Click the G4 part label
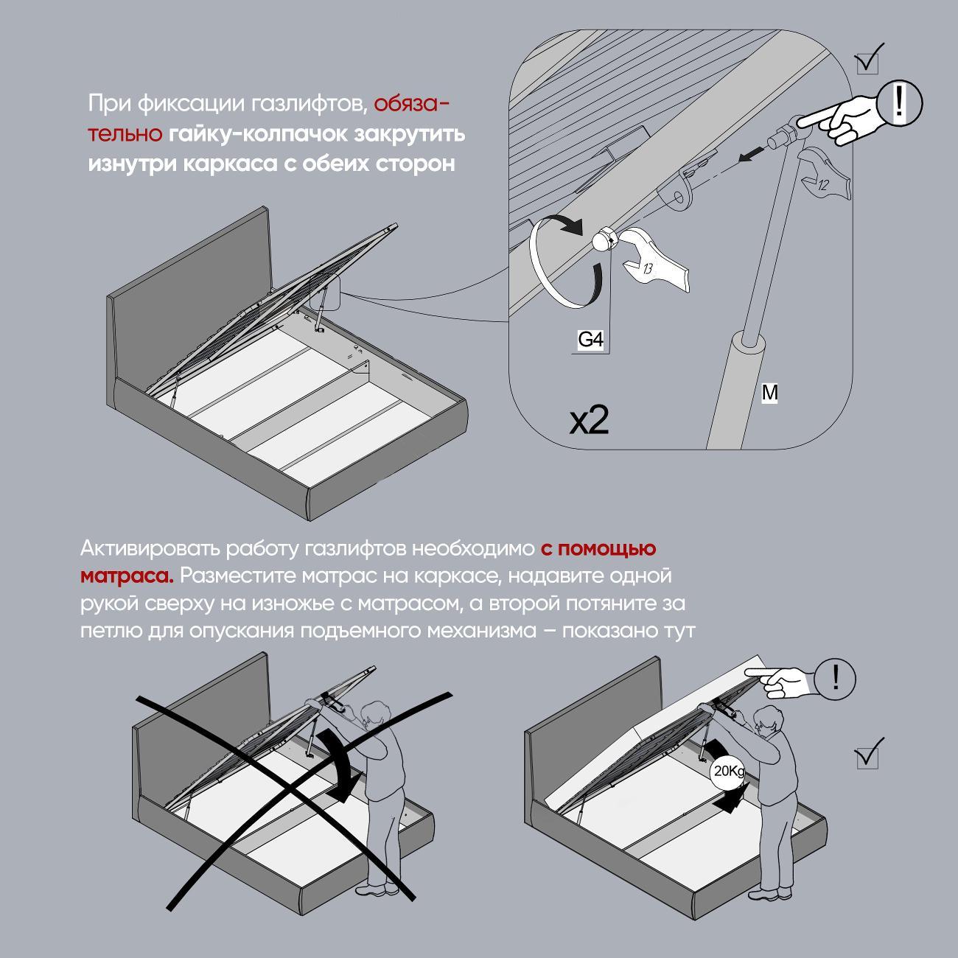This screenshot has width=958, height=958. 590,340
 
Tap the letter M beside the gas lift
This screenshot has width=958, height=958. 769,393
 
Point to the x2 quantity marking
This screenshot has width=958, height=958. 589,421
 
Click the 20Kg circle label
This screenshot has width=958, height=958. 729,771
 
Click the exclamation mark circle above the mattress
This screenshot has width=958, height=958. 835,678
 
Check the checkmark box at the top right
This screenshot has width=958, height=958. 869,60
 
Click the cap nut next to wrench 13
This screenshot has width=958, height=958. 604,241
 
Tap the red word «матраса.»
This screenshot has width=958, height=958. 127,576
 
